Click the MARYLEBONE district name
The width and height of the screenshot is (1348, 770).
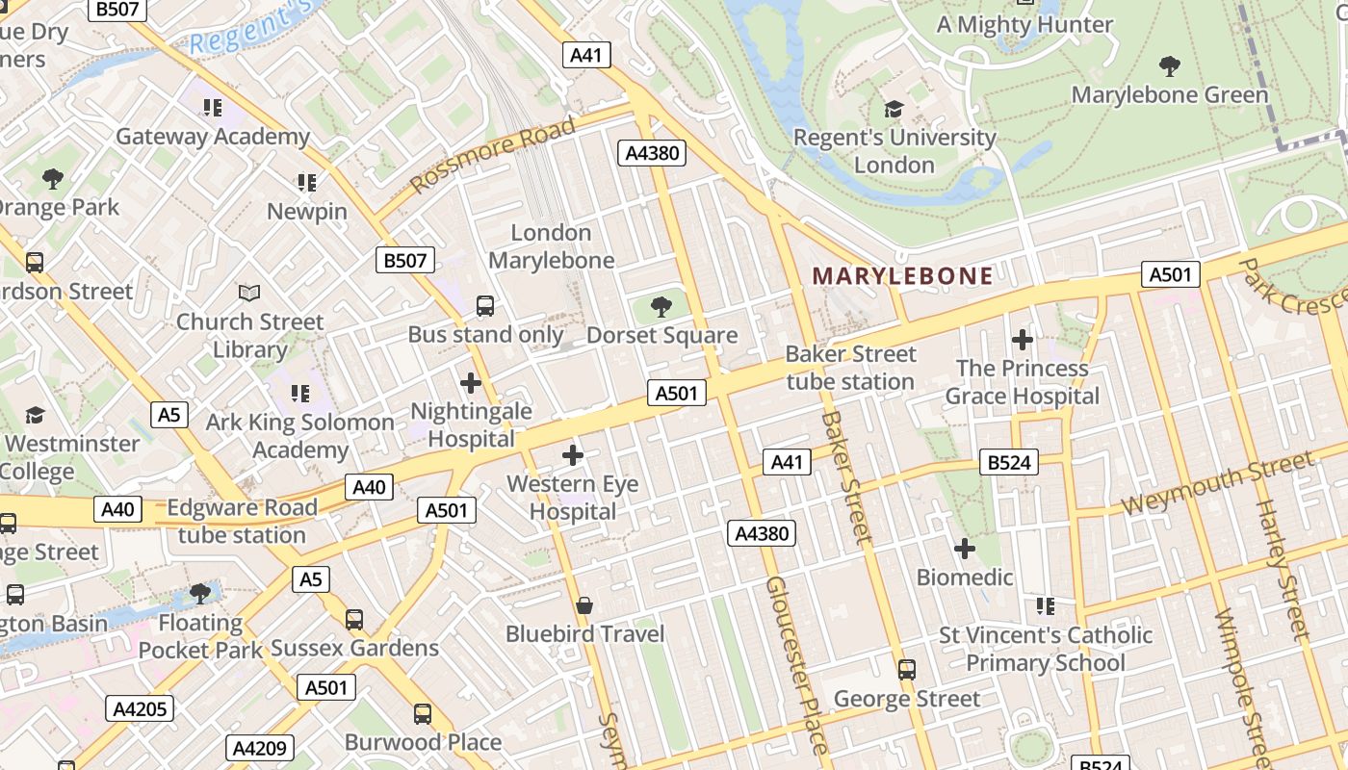click(x=902, y=276)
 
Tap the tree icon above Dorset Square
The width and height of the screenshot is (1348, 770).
click(x=661, y=307)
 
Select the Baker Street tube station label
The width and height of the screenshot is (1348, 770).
click(x=850, y=368)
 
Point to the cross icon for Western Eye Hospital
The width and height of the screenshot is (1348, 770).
click(x=573, y=454)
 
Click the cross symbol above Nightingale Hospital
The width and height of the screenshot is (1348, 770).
click(x=471, y=383)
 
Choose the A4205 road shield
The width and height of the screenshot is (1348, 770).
click(x=140, y=709)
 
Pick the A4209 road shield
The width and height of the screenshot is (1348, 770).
click(x=260, y=747)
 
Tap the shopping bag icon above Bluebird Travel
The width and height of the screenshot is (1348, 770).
click(x=583, y=605)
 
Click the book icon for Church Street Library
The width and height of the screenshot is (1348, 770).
click(x=249, y=293)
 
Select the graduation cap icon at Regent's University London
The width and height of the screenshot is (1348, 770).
click(x=894, y=109)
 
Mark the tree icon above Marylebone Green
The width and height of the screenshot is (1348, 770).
click(x=1170, y=66)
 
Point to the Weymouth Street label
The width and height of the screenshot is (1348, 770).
click(x=1217, y=484)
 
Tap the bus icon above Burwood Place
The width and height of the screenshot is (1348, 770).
click(x=423, y=713)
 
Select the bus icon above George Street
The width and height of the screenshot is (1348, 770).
click(x=906, y=669)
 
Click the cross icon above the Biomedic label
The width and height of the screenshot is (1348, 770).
click(x=964, y=549)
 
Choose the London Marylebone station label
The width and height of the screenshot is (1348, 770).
click(x=551, y=246)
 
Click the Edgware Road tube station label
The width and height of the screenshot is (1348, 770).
click(x=242, y=521)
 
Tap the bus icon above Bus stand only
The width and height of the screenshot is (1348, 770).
click(x=485, y=306)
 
